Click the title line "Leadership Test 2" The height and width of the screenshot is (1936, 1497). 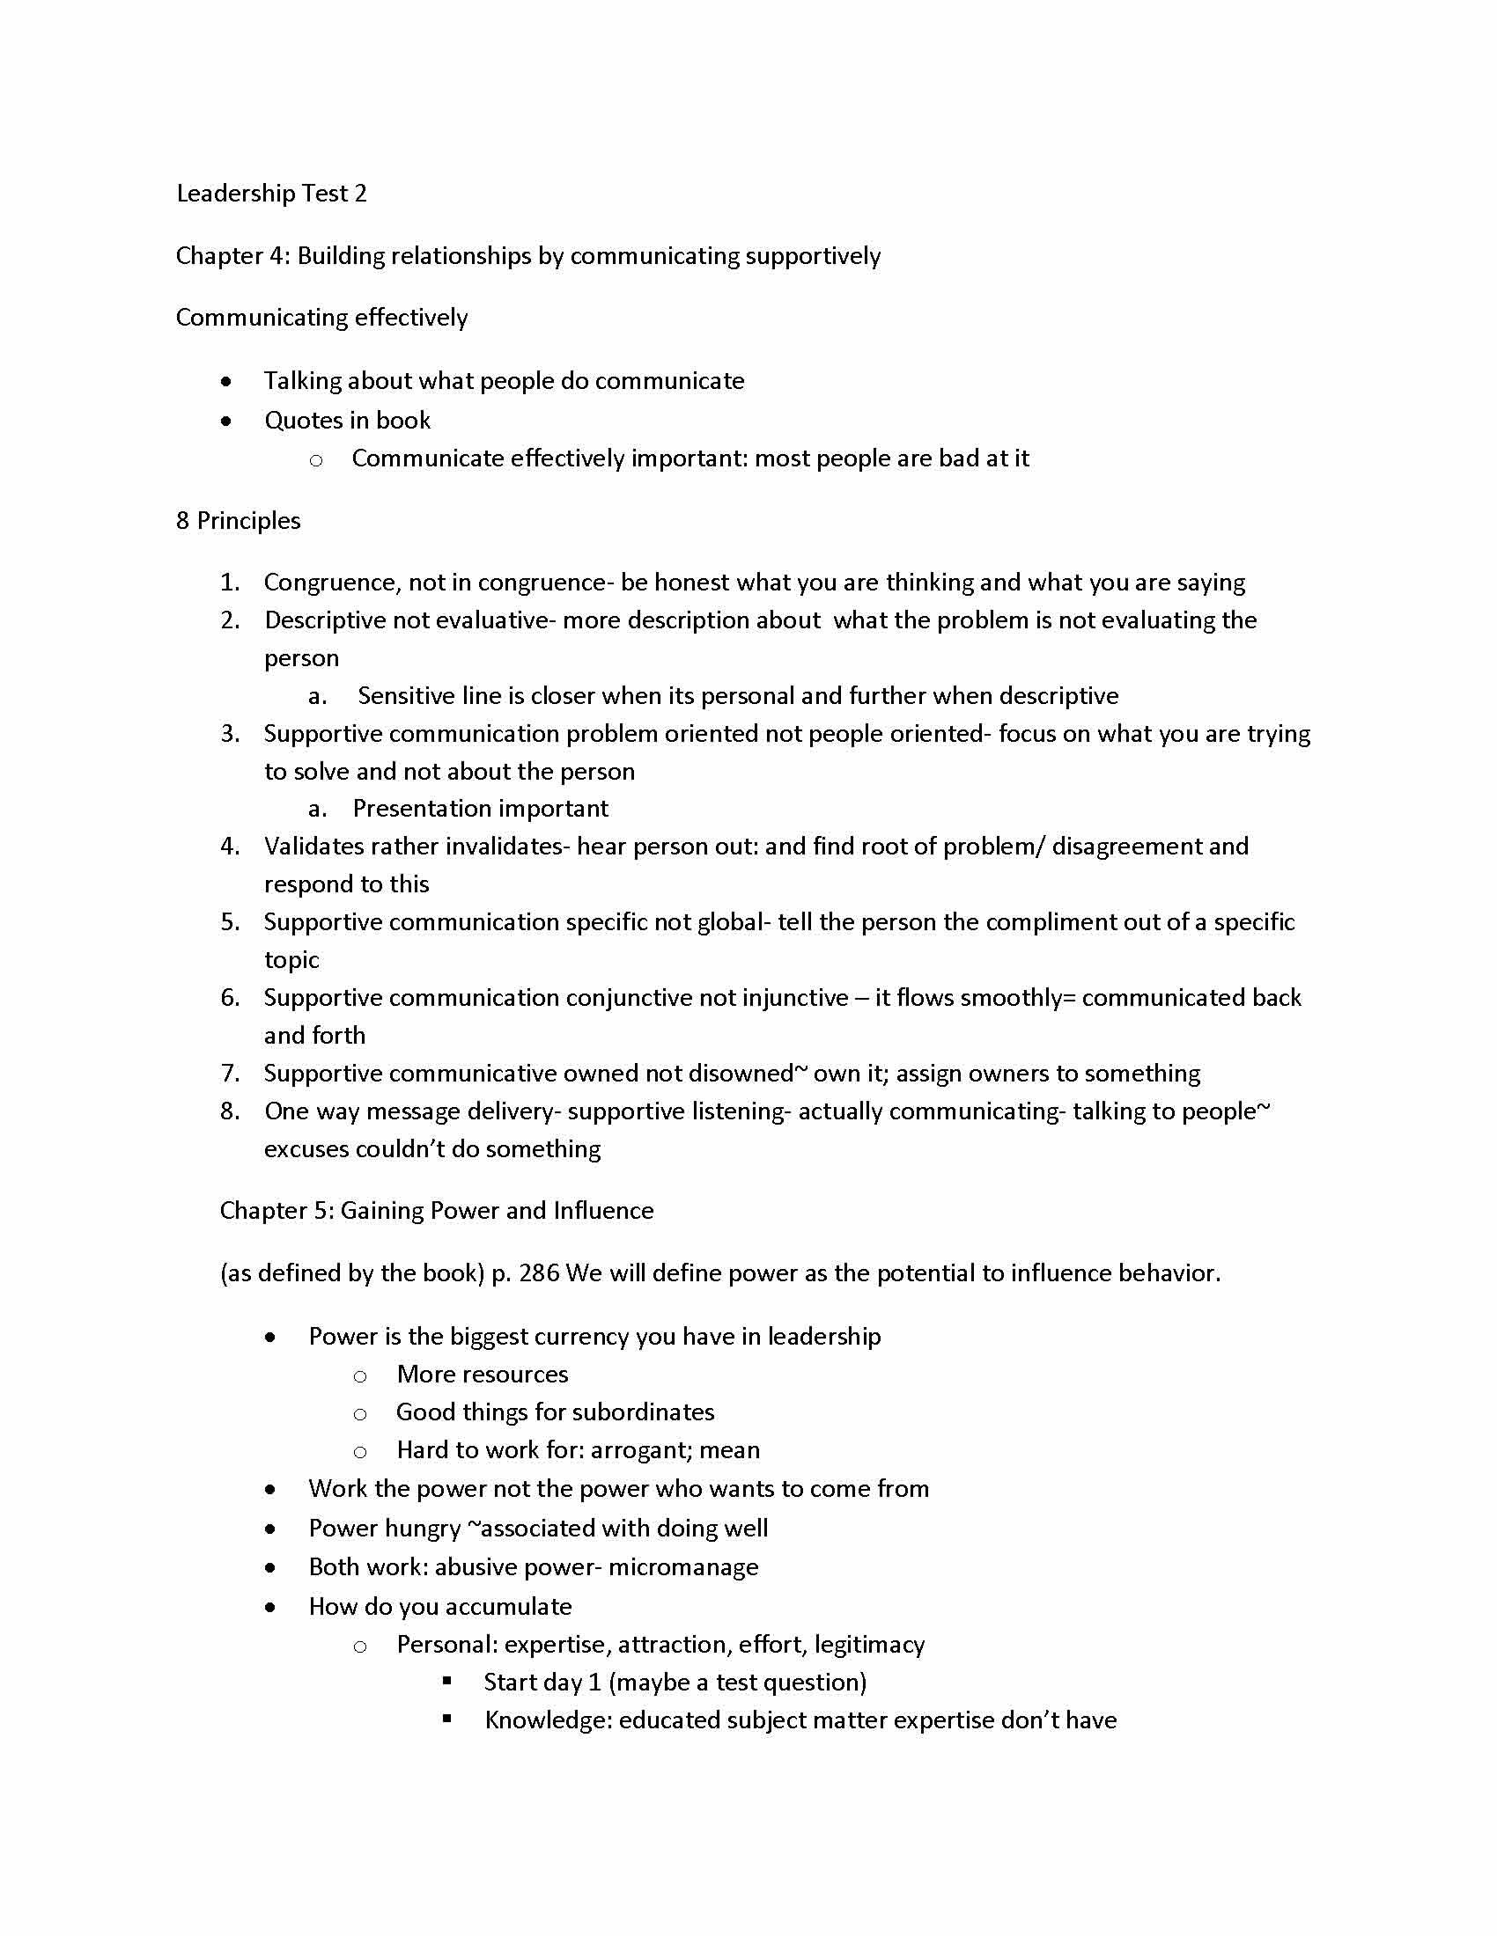(x=271, y=194)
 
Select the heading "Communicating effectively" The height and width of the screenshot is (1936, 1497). (x=321, y=318)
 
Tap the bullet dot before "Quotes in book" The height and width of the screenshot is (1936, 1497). (x=227, y=421)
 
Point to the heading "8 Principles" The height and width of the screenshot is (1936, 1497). (x=238, y=520)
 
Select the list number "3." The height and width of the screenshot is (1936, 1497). (x=231, y=734)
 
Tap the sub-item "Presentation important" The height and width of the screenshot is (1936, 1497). (x=480, y=809)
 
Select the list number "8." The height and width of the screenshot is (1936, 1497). (x=231, y=1111)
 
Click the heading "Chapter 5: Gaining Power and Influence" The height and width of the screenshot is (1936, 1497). (x=436, y=1211)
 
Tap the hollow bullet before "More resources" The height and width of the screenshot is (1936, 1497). (x=360, y=1376)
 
